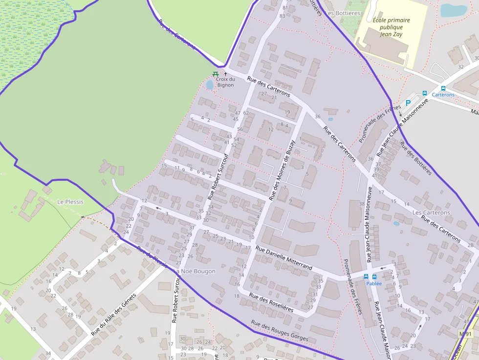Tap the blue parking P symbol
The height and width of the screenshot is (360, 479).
tap(408, 103)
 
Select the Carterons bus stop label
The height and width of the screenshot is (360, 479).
tap(443, 95)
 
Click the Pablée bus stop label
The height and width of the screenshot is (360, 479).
tap(374, 283)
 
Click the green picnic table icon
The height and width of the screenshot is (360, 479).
tap(215, 74)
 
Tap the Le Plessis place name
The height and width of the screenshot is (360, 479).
tap(70, 202)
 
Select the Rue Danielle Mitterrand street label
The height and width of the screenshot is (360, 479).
tap(283, 258)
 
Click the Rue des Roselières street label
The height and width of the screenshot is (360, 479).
tap(271, 302)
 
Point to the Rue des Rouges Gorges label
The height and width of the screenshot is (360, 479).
tap(280, 331)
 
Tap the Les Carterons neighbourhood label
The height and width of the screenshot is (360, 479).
tap(431, 213)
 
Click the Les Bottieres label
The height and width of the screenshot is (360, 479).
tap(343, 13)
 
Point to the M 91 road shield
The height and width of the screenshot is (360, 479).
tap(467, 334)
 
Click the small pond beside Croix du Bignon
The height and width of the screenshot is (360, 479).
tap(210, 85)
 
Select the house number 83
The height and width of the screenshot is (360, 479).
tap(282, 16)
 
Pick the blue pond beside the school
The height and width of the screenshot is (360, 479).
tap(454, 10)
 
